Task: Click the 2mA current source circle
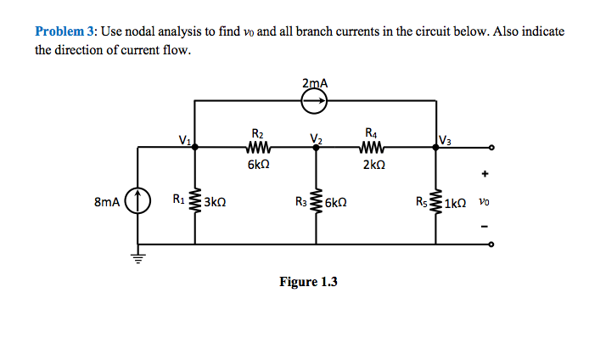click(x=315, y=102)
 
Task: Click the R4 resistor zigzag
click(x=373, y=147)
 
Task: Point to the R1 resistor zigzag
click(x=196, y=203)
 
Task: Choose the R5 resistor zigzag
click(x=437, y=203)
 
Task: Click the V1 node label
click(x=184, y=138)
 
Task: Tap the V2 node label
click(x=316, y=138)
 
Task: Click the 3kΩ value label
click(x=215, y=203)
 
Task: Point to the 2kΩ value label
click(x=373, y=165)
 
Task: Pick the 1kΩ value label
click(x=457, y=203)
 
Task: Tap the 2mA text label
click(x=315, y=82)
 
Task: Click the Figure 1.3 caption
click(x=308, y=282)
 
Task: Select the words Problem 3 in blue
click(x=66, y=31)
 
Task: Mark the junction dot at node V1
click(x=196, y=147)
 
